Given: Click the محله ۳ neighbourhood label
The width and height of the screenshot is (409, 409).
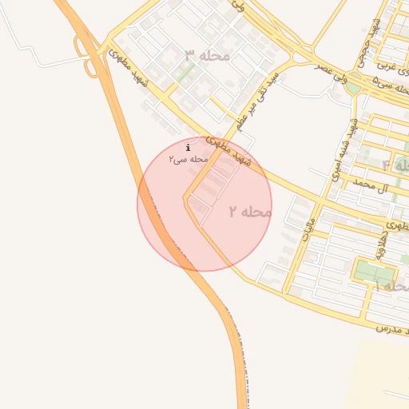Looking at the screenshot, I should tap(207, 55).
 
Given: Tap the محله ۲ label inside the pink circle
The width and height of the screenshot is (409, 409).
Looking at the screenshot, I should tap(250, 212).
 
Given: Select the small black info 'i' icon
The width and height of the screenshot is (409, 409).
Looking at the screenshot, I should tap(188, 147).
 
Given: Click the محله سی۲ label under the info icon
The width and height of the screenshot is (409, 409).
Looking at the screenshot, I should tap(188, 160).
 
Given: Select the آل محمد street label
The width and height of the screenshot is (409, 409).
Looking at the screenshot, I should tap(371, 186).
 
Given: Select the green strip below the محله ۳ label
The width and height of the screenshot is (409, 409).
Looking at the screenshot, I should tap(185, 74).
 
